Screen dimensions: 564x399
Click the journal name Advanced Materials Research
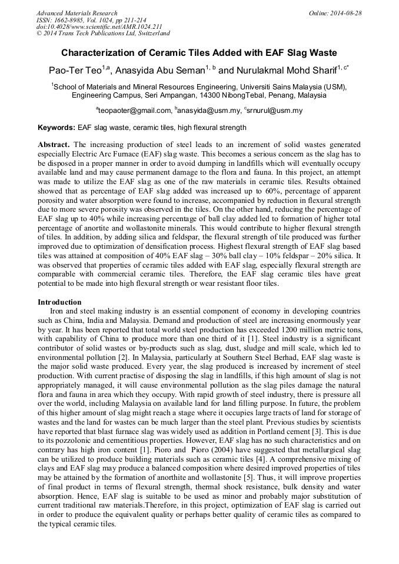point(77,13)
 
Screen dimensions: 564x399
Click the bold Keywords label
point(56,128)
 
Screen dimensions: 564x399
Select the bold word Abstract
point(54,145)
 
